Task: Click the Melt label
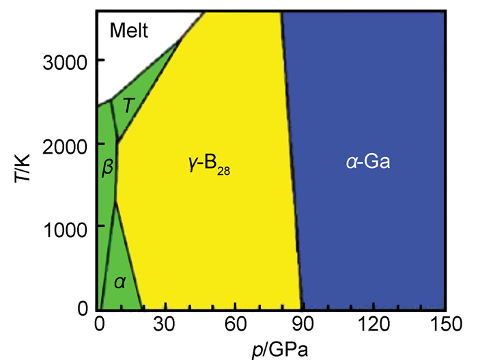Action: pyautogui.click(x=130, y=31)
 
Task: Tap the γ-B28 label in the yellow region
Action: pyautogui.click(x=208, y=165)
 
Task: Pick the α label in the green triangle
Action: pyautogui.click(x=119, y=281)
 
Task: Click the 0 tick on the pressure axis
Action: pyautogui.click(x=100, y=324)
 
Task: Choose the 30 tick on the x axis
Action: pyautogui.click(x=168, y=324)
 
